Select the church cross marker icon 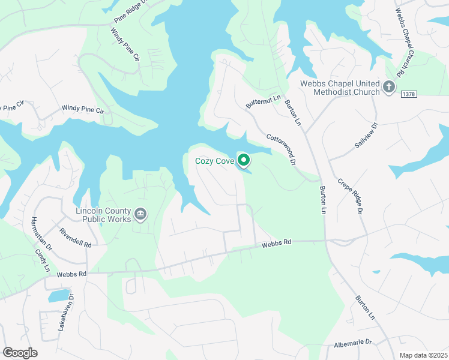[x=388, y=88]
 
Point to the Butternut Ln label [x=264, y=101]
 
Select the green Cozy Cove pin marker [x=244, y=160]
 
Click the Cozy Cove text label [x=214, y=161]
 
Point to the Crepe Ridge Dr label [x=351, y=196]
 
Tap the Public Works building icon [x=140, y=214]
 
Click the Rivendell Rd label [x=75, y=238]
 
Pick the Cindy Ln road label [x=41, y=260]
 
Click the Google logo [x=20, y=353]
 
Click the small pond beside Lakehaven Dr [x=58, y=295]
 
